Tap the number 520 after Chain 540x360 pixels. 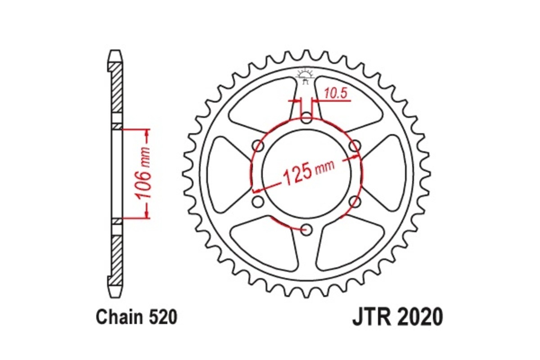[x=162, y=317]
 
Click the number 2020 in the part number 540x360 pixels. [x=419, y=317]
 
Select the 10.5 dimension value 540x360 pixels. [x=335, y=93]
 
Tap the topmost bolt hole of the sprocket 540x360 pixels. [x=306, y=119]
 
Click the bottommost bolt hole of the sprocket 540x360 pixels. [x=307, y=230]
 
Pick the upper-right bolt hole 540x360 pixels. [x=355, y=145]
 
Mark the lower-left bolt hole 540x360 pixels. [x=258, y=202]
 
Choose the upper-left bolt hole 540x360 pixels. [x=258, y=146]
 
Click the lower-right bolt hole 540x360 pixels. [x=355, y=202]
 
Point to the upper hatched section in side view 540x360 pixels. [x=116, y=88]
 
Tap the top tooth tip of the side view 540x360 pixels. [x=116, y=52]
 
